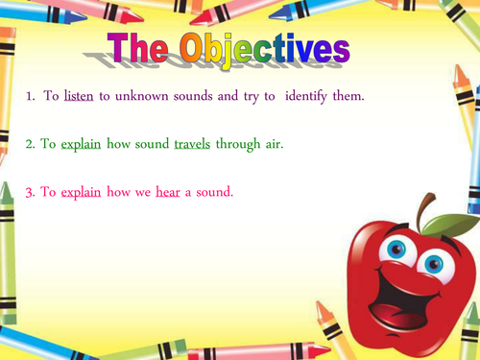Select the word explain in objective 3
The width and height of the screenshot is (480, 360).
coord(81,193)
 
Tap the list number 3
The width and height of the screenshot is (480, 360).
coord(30,193)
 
